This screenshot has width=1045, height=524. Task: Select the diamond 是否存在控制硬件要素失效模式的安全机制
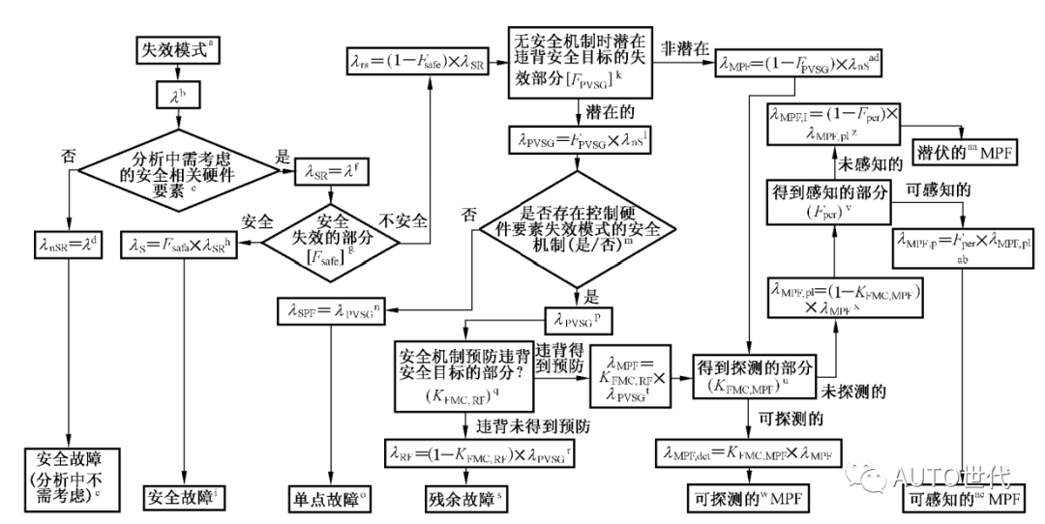[x=577, y=229]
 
